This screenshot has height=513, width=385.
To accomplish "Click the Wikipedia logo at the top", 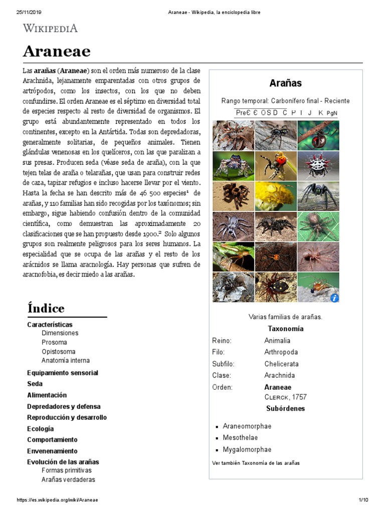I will (x=50, y=28).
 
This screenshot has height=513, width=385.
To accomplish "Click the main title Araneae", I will (x=57, y=51).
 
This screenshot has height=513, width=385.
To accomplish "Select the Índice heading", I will (x=46, y=308).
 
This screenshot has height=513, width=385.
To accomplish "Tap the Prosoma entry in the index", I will (x=54, y=342).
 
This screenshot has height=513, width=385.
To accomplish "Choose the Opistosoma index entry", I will (x=58, y=351).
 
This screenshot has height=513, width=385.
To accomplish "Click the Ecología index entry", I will (x=40, y=429).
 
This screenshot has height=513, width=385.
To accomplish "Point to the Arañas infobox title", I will (x=285, y=83).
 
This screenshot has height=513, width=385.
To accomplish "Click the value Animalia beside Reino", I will (x=277, y=341).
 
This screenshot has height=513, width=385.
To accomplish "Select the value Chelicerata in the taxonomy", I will (x=281, y=364).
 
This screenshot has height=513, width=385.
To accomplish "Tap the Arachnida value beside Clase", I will (x=280, y=375).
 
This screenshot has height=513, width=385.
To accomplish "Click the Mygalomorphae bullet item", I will (x=247, y=449).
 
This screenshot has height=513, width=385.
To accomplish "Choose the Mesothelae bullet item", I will (x=242, y=438).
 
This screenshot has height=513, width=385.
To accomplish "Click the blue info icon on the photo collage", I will (x=334, y=298).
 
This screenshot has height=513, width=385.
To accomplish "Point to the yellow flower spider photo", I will (x=276, y=196).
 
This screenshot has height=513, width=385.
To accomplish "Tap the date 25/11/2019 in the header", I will (x=24, y=12).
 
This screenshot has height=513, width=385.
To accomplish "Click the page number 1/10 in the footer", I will (x=363, y=500).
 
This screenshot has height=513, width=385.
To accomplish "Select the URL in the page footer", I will (x=57, y=500).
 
